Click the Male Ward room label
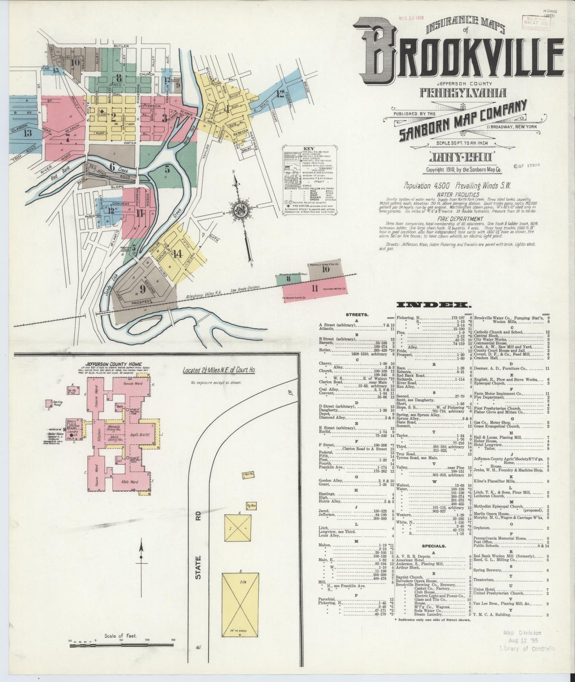tap(131, 482)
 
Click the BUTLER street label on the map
tap(119, 46)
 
